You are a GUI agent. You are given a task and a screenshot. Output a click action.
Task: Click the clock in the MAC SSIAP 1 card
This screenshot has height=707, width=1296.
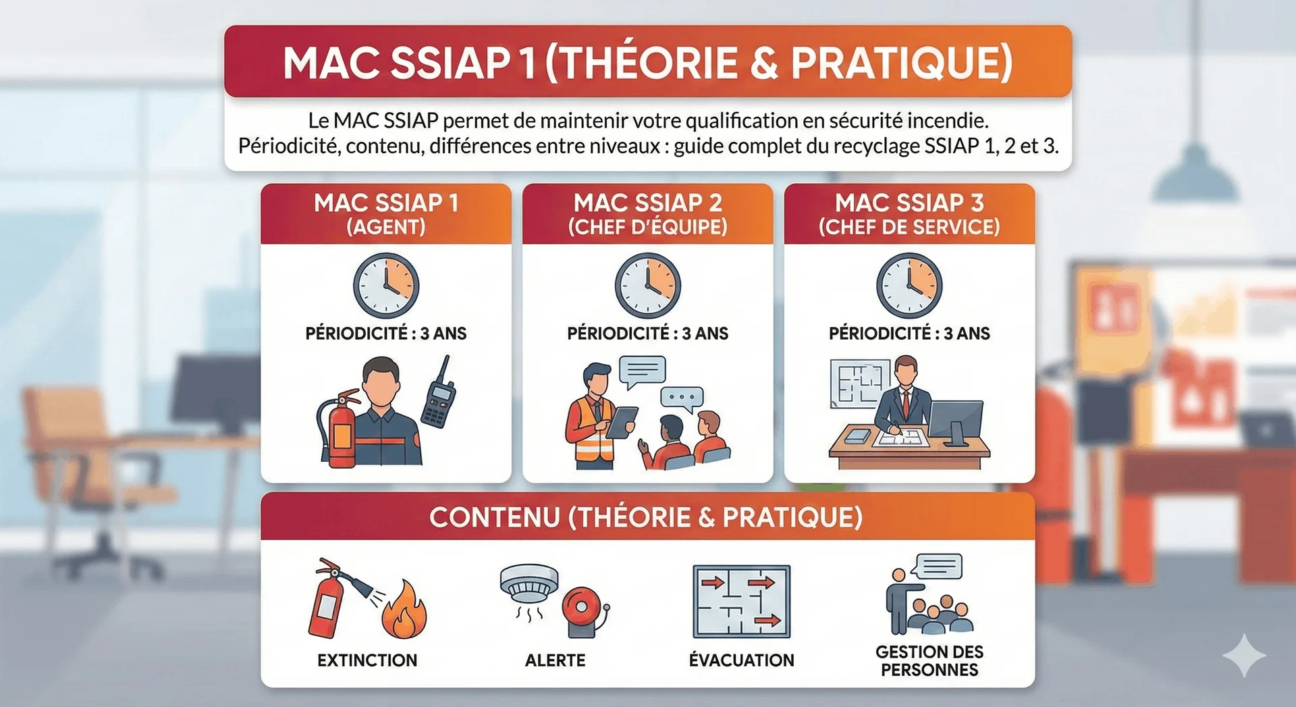(x=386, y=286)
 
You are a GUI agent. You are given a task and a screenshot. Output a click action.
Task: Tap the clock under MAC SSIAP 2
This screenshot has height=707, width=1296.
(x=647, y=286)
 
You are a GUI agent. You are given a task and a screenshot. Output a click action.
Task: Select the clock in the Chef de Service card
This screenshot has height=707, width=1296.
(x=909, y=286)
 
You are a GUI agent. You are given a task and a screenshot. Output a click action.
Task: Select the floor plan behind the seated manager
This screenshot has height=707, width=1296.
(x=860, y=383)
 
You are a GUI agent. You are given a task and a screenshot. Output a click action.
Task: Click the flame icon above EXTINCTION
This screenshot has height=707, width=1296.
(x=404, y=610)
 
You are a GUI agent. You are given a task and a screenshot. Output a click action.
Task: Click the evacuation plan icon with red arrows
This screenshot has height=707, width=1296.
(x=741, y=602)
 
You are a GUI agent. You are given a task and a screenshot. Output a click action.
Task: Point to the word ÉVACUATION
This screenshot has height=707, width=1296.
(x=741, y=660)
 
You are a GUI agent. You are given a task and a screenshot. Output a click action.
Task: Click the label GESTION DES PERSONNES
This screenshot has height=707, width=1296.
(x=929, y=661)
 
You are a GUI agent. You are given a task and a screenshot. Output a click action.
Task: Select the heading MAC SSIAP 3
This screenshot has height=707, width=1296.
(x=909, y=203)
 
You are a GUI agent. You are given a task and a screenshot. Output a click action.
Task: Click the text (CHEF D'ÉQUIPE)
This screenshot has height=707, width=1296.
(x=647, y=227)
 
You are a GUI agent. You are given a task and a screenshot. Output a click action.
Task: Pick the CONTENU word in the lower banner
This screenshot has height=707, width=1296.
(x=495, y=517)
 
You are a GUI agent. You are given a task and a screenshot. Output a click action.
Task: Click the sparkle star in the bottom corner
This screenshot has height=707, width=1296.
(x=1244, y=655)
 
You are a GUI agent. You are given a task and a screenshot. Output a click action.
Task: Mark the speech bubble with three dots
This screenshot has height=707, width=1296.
(x=682, y=399)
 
